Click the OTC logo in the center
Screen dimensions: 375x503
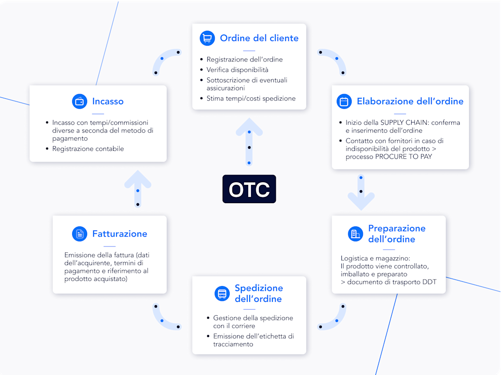pos(249,189)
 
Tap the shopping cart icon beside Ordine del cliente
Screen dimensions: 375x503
pos(207,38)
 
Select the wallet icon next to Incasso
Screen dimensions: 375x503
pos(80,102)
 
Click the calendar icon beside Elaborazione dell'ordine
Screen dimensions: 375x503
pos(344,102)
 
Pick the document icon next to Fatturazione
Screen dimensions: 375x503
pos(80,234)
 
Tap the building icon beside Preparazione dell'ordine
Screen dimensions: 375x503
pos(355,234)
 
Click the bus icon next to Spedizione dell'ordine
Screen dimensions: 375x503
pos(222,293)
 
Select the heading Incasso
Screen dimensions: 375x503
pos(108,102)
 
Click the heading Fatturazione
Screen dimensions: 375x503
pos(120,234)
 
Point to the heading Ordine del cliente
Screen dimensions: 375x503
pos(259,38)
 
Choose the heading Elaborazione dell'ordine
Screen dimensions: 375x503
pos(410,102)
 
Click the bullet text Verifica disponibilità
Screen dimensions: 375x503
pos(238,70)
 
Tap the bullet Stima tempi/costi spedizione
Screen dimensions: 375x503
pos(251,98)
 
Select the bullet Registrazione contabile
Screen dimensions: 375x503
pos(88,149)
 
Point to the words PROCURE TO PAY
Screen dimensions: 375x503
pos(403,157)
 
